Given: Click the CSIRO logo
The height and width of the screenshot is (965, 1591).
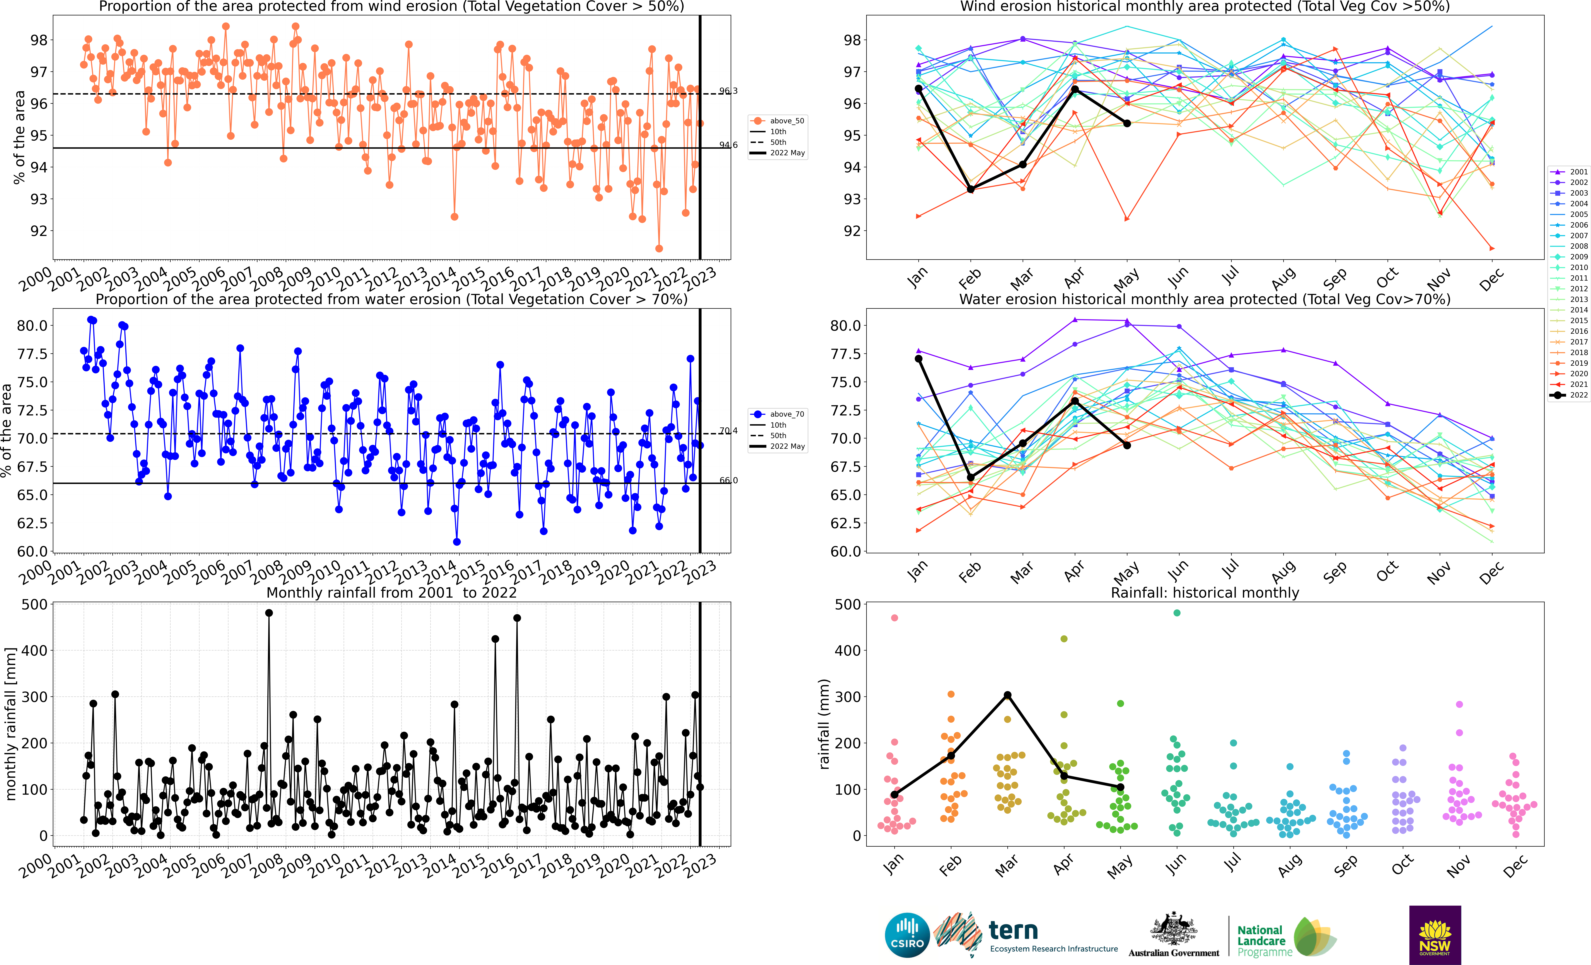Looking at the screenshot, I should click(907, 935).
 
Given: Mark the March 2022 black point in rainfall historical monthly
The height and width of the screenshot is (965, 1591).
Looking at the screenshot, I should click(1007, 695).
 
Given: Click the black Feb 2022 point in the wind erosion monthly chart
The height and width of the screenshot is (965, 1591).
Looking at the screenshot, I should click(971, 189).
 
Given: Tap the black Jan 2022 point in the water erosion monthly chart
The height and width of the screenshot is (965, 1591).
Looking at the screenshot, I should click(918, 359).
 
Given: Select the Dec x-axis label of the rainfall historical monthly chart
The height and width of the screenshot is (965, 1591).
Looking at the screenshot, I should click(1515, 866).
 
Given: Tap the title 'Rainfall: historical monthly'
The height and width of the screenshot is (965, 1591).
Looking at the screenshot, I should click(1204, 593).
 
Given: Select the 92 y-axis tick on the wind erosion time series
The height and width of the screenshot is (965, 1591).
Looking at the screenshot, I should click(39, 231).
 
